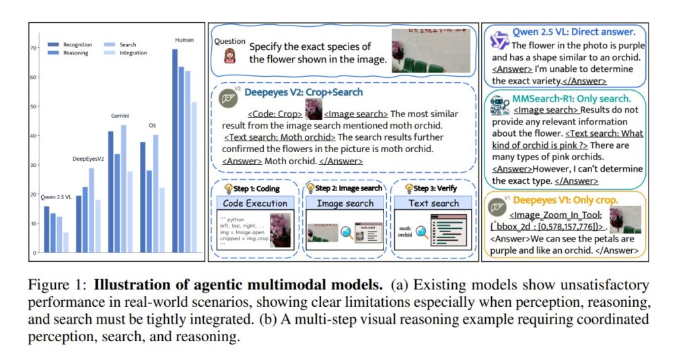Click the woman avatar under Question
tap(229, 55)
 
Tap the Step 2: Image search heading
tap(349, 188)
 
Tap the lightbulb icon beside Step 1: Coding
tap(229, 188)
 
